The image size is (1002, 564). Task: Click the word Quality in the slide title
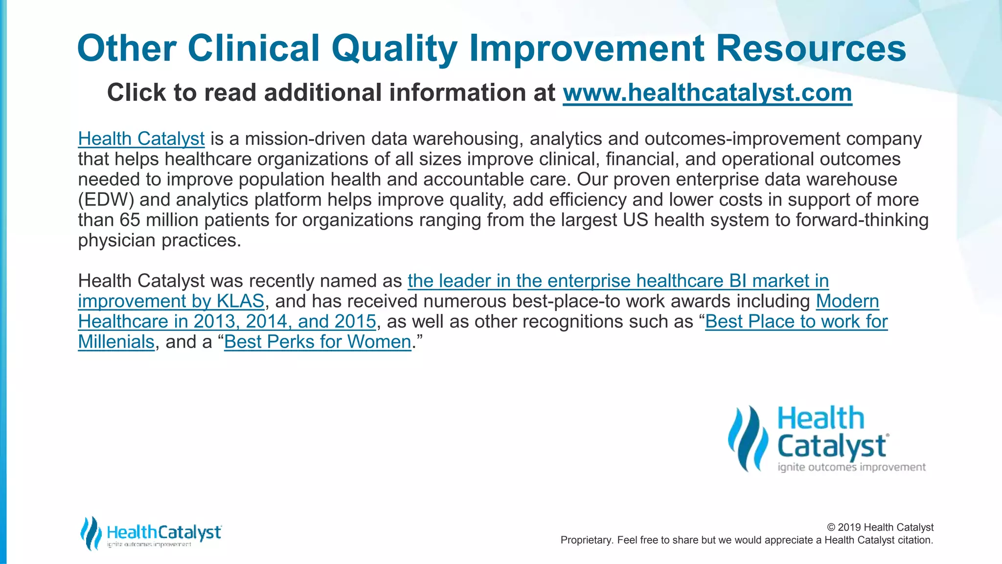point(394,49)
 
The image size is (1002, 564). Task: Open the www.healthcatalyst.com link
point(707,93)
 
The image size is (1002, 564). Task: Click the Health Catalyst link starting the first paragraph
point(141,139)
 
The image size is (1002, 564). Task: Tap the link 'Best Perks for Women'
point(318,342)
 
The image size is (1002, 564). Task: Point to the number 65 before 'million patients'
point(130,220)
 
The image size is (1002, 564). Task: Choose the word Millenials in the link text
point(116,342)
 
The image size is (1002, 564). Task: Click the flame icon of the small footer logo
point(91,533)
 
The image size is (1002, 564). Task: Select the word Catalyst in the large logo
point(832,446)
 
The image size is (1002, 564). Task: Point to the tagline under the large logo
point(851,467)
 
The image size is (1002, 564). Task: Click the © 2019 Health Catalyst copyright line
point(880,527)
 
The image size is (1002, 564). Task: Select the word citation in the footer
point(915,540)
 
